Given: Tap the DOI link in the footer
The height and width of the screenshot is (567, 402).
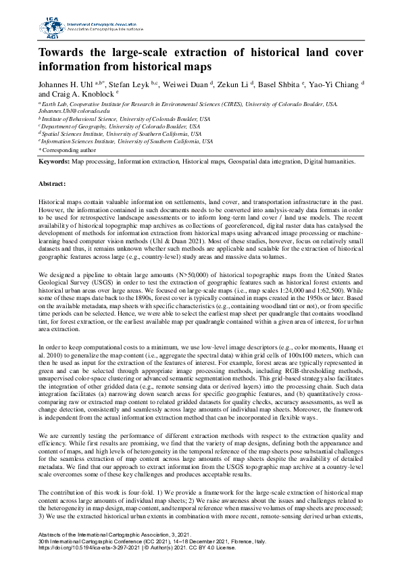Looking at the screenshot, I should [x=89, y=547].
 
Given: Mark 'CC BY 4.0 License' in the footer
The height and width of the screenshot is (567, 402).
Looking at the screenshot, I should [x=219, y=547].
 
